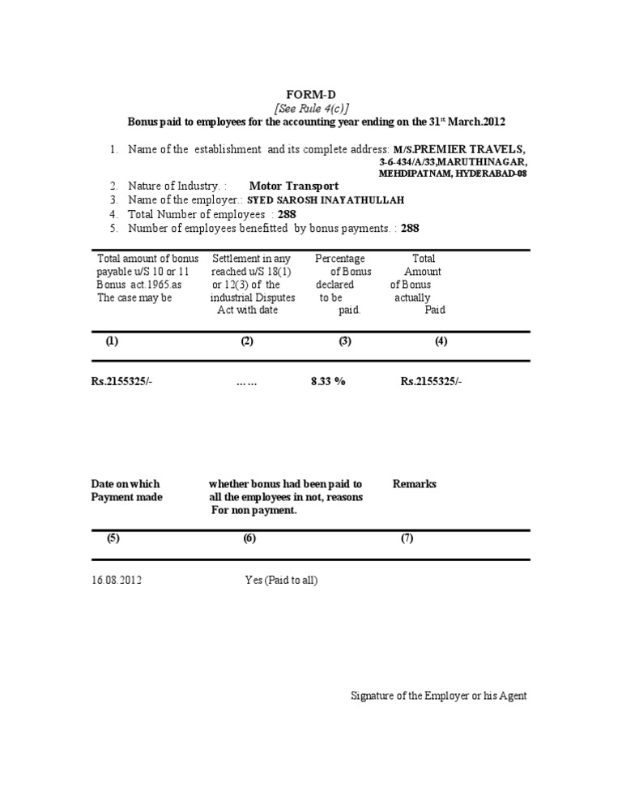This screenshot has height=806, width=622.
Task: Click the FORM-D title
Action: coord(310,94)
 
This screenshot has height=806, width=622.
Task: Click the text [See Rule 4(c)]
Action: coord(310,108)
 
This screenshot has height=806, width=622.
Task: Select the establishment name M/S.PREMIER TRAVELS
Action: coord(459,149)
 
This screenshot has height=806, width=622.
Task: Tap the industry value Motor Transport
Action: coord(294,186)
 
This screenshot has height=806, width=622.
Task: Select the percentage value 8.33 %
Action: coord(328,381)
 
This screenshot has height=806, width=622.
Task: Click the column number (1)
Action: coord(112,341)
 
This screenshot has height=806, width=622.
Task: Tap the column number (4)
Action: coord(441,341)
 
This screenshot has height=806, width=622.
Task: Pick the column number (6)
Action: coord(249,539)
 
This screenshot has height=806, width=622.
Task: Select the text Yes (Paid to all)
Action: coord(287,580)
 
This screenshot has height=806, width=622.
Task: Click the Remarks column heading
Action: coord(415,484)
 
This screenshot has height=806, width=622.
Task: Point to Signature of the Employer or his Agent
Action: coord(439,696)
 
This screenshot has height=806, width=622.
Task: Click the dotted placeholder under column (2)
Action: coord(246,382)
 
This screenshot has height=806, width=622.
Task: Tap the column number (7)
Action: coord(407,539)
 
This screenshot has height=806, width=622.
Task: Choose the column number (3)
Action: coord(345,341)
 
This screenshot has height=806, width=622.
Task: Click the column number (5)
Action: coord(113,539)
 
